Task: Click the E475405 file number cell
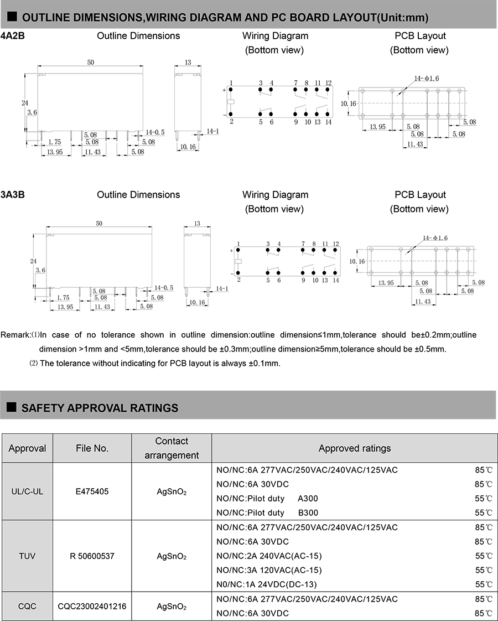(x=92, y=491)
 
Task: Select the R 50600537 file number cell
(x=92, y=556)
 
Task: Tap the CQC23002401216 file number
(x=92, y=606)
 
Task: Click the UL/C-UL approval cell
(x=27, y=491)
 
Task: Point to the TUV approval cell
(x=27, y=556)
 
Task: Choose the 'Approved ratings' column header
(x=354, y=448)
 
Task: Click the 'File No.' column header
(x=92, y=448)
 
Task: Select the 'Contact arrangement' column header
(x=172, y=448)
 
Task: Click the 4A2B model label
(x=13, y=36)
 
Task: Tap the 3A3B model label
(x=13, y=195)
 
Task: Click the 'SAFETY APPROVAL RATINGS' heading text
(x=100, y=408)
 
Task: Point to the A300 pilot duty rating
(x=308, y=499)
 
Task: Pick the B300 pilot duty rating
(x=308, y=513)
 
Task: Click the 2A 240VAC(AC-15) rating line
(x=269, y=556)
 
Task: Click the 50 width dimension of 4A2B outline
(x=90, y=63)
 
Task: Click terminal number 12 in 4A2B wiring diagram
(x=328, y=83)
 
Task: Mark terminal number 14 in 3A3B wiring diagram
(x=336, y=280)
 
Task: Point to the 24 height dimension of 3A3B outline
(x=33, y=261)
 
